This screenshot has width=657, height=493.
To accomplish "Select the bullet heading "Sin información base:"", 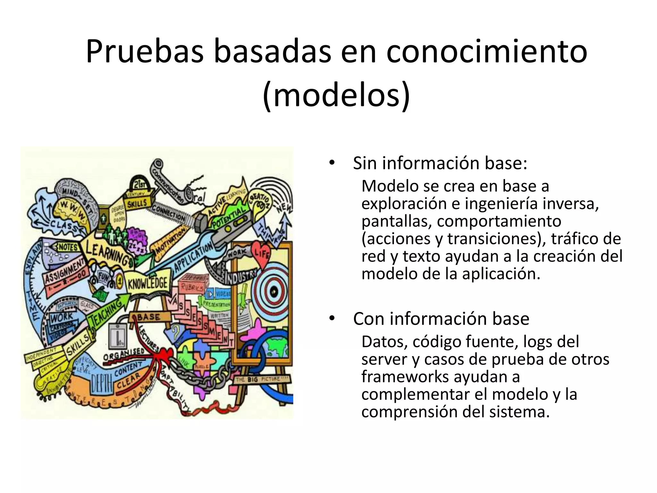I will (x=440, y=163).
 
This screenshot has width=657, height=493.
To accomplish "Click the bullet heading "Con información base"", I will (x=441, y=319).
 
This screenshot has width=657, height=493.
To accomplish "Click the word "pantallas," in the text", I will (x=397, y=221).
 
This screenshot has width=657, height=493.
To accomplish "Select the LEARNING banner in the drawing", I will (x=107, y=252).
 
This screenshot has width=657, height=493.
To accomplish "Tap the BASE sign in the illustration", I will (x=149, y=317).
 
